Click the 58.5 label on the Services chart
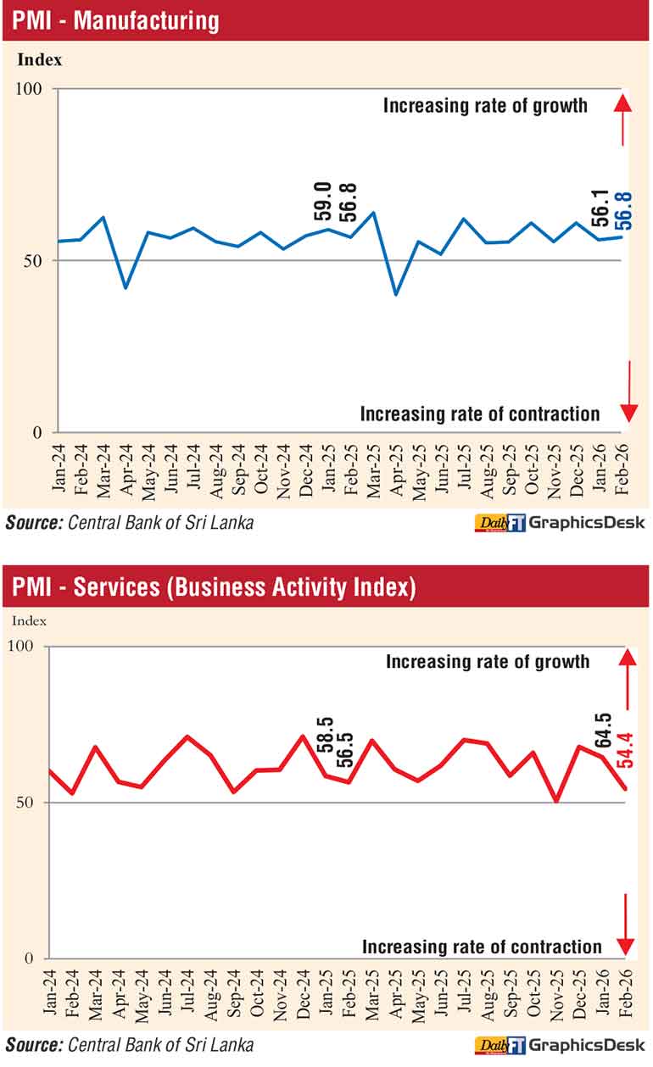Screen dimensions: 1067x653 click(x=324, y=736)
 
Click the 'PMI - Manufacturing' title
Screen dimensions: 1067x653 click(x=115, y=20)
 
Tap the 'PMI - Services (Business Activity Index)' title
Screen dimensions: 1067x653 click(x=214, y=586)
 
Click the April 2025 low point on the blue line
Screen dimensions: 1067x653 click(x=394, y=294)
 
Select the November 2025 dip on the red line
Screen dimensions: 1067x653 click(x=557, y=800)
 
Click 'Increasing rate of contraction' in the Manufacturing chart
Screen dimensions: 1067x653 click(x=480, y=414)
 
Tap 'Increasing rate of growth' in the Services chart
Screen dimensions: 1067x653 click(x=488, y=661)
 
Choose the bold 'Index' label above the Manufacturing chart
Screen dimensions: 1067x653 click(x=40, y=60)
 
